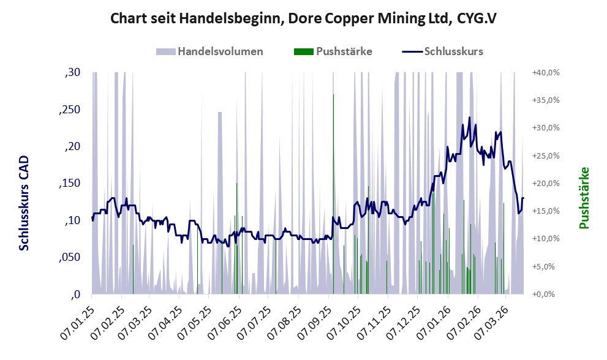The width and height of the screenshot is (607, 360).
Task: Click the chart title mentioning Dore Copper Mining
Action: coord(303,19)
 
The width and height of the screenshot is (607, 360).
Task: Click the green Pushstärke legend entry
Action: coord(333,51)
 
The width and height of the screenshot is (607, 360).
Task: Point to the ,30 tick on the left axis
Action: coord(72,73)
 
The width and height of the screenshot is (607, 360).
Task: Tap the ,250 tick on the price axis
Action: coord(69,110)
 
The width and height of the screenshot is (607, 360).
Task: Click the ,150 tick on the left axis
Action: coord(69,184)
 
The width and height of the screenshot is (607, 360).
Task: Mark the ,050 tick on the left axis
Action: coord(69,258)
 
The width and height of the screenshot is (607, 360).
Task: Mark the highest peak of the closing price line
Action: coord(470,118)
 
